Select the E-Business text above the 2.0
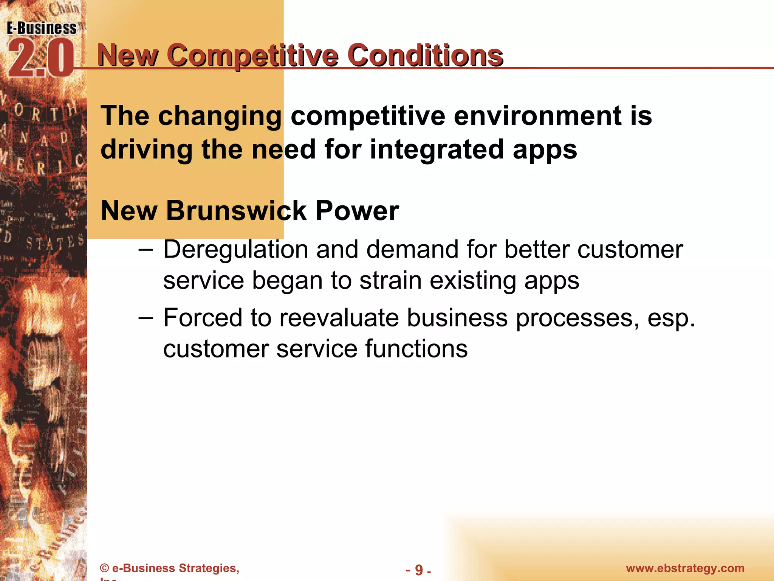(42, 28)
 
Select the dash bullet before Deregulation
(146, 250)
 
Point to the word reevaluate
(339, 318)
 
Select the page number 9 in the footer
(419, 570)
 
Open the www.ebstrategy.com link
(685, 568)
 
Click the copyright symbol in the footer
(104, 568)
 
